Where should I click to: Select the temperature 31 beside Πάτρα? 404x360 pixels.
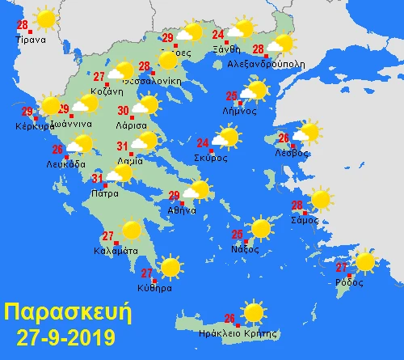click(96, 179)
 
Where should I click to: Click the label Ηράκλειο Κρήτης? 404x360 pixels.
click(242, 333)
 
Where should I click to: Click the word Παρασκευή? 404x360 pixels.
click(65, 311)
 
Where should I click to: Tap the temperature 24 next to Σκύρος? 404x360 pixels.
click(203, 144)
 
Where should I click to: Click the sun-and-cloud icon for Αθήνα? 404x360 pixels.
click(196, 191)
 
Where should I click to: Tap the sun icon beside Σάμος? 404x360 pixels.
click(321, 198)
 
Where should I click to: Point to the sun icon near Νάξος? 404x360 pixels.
click(261, 228)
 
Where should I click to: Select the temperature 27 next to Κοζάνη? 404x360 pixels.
click(99, 78)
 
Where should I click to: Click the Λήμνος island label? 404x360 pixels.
click(241, 112)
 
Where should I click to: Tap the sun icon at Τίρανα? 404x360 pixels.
click(45, 18)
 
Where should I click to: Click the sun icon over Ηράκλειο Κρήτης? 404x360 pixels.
click(253, 311)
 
